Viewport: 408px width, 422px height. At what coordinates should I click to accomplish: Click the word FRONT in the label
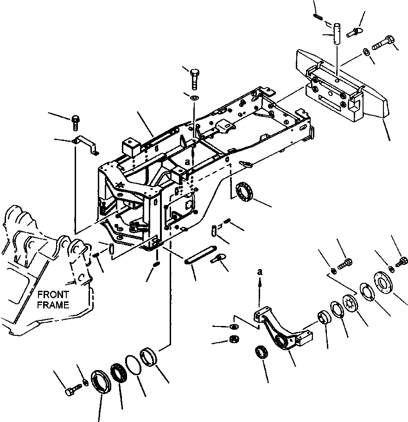tap(53, 294)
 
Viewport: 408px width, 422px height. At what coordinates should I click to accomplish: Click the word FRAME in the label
tap(53, 305)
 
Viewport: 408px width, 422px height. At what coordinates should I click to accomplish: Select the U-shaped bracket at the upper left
tap(88, 143)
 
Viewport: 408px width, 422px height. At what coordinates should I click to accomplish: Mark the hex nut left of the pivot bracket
tap(234, 339)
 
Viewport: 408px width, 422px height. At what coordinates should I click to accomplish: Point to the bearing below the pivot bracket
tap(262, 352)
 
